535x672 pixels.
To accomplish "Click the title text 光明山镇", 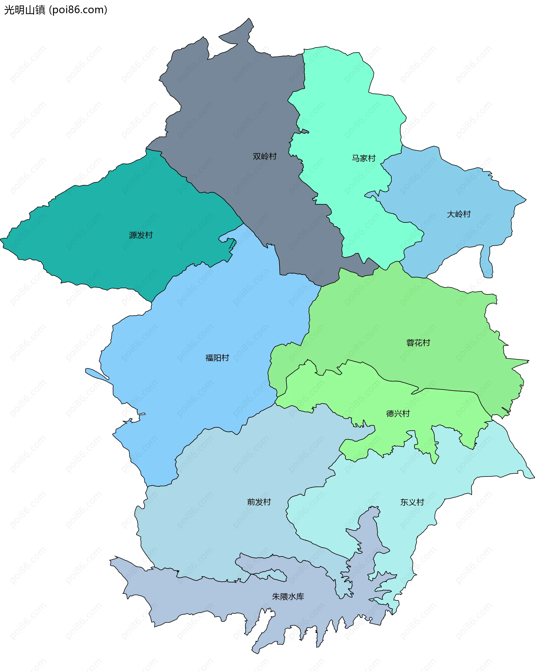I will [25, 10].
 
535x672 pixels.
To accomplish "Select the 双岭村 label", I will [265, 157].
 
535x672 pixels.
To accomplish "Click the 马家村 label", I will [364, 158].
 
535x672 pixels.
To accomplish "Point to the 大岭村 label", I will [459, 214].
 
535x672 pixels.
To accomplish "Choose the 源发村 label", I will [141, 235].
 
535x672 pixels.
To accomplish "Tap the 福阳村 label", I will [217, 358].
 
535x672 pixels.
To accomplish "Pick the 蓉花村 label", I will [418, 343].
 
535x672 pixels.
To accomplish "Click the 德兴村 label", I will [398, 414].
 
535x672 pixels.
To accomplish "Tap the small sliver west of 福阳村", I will [97, 374].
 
